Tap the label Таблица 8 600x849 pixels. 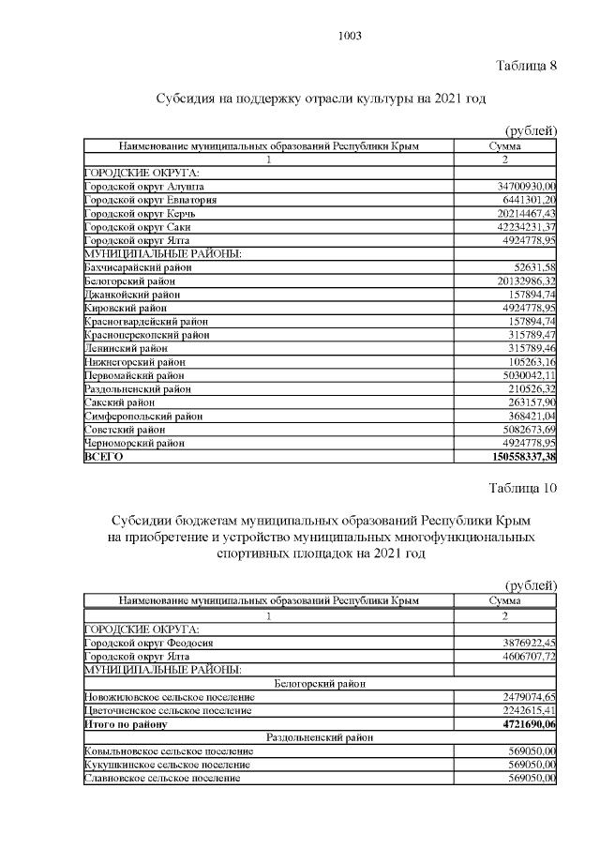[525, 65]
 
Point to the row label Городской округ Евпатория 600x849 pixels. [151, 200]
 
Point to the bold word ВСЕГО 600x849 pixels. [103, 457]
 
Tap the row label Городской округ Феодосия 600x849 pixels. [150, 643]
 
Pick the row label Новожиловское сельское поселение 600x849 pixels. [169, 697]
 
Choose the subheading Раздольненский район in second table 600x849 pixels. [320, 737]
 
